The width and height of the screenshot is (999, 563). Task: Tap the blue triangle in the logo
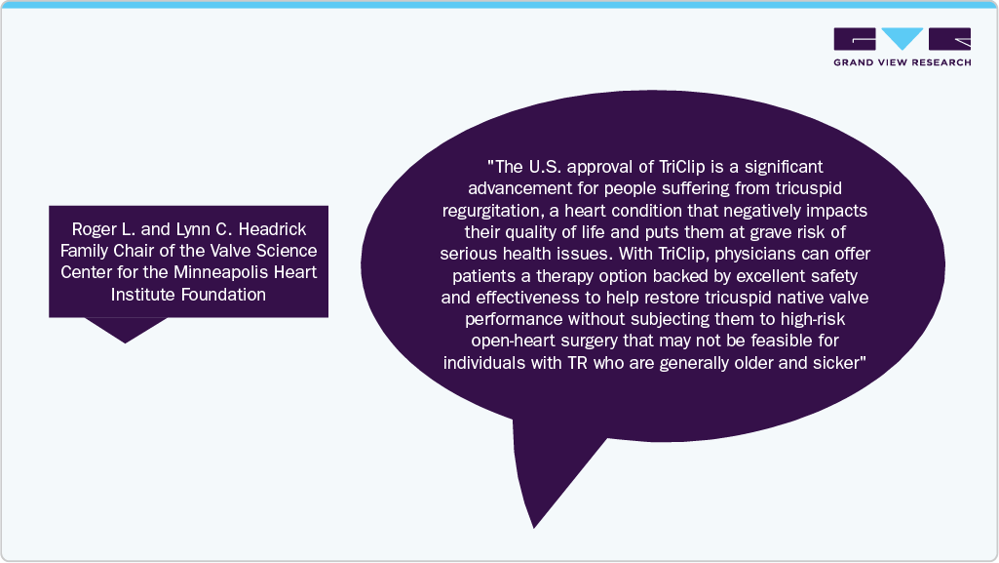[903, 38]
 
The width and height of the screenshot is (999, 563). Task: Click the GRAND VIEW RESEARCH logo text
[903, 62]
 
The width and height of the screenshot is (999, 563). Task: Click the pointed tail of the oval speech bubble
[534, 527]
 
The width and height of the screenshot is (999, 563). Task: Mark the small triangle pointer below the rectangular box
[126, 330]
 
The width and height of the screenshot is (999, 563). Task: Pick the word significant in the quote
[784, 167]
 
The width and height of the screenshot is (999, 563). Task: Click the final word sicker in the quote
[839, 363]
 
